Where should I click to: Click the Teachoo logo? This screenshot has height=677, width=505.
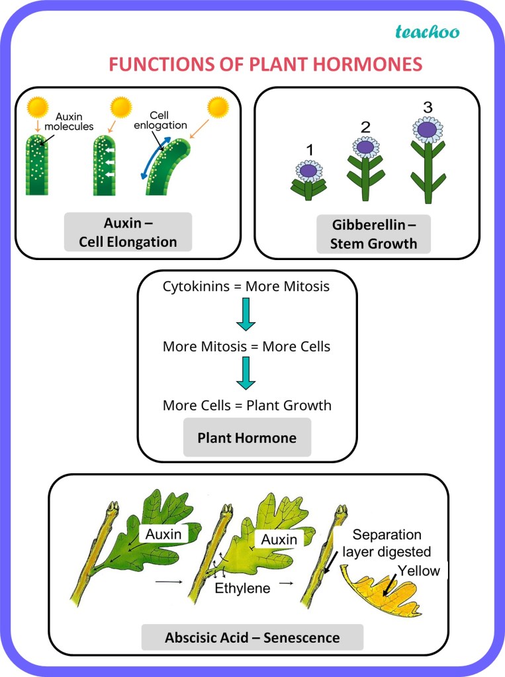point(427,31)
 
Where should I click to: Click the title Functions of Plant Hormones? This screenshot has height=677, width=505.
point(265,64)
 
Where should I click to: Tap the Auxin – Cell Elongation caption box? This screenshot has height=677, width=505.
point(128,232)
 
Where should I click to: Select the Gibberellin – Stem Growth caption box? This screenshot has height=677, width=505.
point(374,234)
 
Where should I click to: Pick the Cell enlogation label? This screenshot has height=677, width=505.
point(168,119)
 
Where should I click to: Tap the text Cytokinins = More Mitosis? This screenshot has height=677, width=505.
point(246,287)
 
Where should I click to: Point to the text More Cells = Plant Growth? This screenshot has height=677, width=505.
point(247,405)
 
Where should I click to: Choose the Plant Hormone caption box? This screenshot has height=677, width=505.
point(247,438)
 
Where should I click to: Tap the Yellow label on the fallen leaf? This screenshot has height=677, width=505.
point(419,570)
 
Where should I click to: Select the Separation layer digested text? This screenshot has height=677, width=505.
point(392,543)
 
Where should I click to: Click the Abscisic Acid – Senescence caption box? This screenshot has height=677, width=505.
point(252,638)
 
